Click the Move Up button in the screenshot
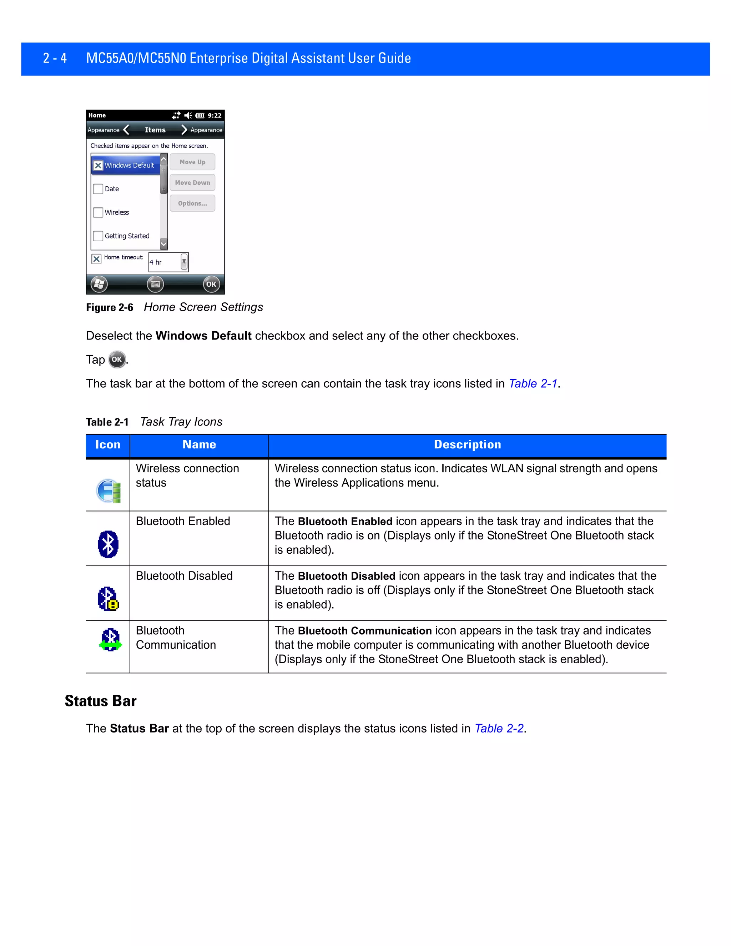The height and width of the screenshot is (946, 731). pos(192,162)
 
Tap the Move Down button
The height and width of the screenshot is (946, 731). pos(192,183)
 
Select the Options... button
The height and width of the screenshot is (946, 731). pos(192,203)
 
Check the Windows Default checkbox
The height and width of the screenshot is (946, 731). pos(98,166)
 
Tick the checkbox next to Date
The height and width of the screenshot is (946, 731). pos(98,189)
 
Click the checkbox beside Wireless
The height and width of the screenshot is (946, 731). pos(98,212)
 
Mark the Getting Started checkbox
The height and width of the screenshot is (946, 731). pos(98,236)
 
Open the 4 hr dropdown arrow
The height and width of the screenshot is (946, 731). pos(184,262)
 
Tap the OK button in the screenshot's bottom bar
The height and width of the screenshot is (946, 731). pos(211,284)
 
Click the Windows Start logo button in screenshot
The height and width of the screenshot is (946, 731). pos(99,284)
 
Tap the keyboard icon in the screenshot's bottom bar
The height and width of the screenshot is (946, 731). pos(155,284)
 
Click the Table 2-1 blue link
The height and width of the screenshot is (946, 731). pos(533,384)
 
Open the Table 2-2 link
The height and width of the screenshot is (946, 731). pos(499,729)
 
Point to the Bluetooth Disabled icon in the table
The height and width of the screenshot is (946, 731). pos(108,599)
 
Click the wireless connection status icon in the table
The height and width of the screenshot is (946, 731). pos(108,491)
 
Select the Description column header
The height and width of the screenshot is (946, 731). pos(467,445)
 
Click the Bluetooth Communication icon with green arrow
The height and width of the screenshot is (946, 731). pos(110,640)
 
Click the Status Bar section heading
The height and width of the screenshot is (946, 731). pos(100,701)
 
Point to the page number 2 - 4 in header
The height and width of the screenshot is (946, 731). pos(55,58)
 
